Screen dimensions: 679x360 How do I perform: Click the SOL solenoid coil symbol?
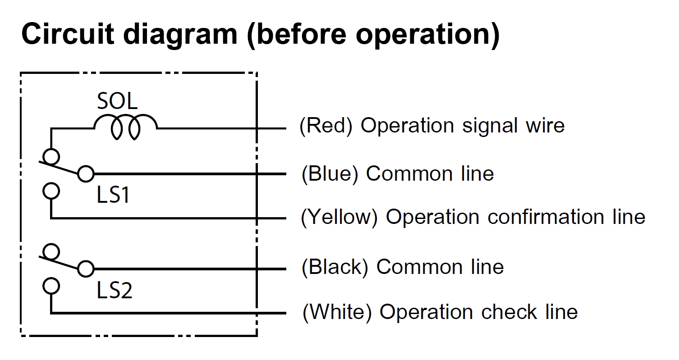pos(125,116)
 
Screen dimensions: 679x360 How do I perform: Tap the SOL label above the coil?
pos(117,101)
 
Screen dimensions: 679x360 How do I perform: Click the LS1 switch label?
pos(113,195)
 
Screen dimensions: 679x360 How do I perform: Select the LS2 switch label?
pos(114,290)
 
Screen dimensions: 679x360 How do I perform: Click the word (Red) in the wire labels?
pos(326,125)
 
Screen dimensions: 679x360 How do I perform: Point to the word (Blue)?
pos(330,174)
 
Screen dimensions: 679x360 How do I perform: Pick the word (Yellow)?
pos(339,217)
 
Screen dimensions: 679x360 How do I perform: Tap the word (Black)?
pos(335,267)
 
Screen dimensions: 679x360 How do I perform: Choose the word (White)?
pos(337,312)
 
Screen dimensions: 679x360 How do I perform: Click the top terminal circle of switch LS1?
pos(51,157)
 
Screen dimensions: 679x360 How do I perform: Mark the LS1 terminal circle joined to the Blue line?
pos(86,174)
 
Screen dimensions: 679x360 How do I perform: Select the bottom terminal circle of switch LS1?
pos(51,191)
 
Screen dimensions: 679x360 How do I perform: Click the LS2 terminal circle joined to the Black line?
pos(86,269)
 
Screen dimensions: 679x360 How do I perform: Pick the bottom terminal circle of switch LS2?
pos(51,286)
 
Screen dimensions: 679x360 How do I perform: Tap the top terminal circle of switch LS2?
pos(51,251)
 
